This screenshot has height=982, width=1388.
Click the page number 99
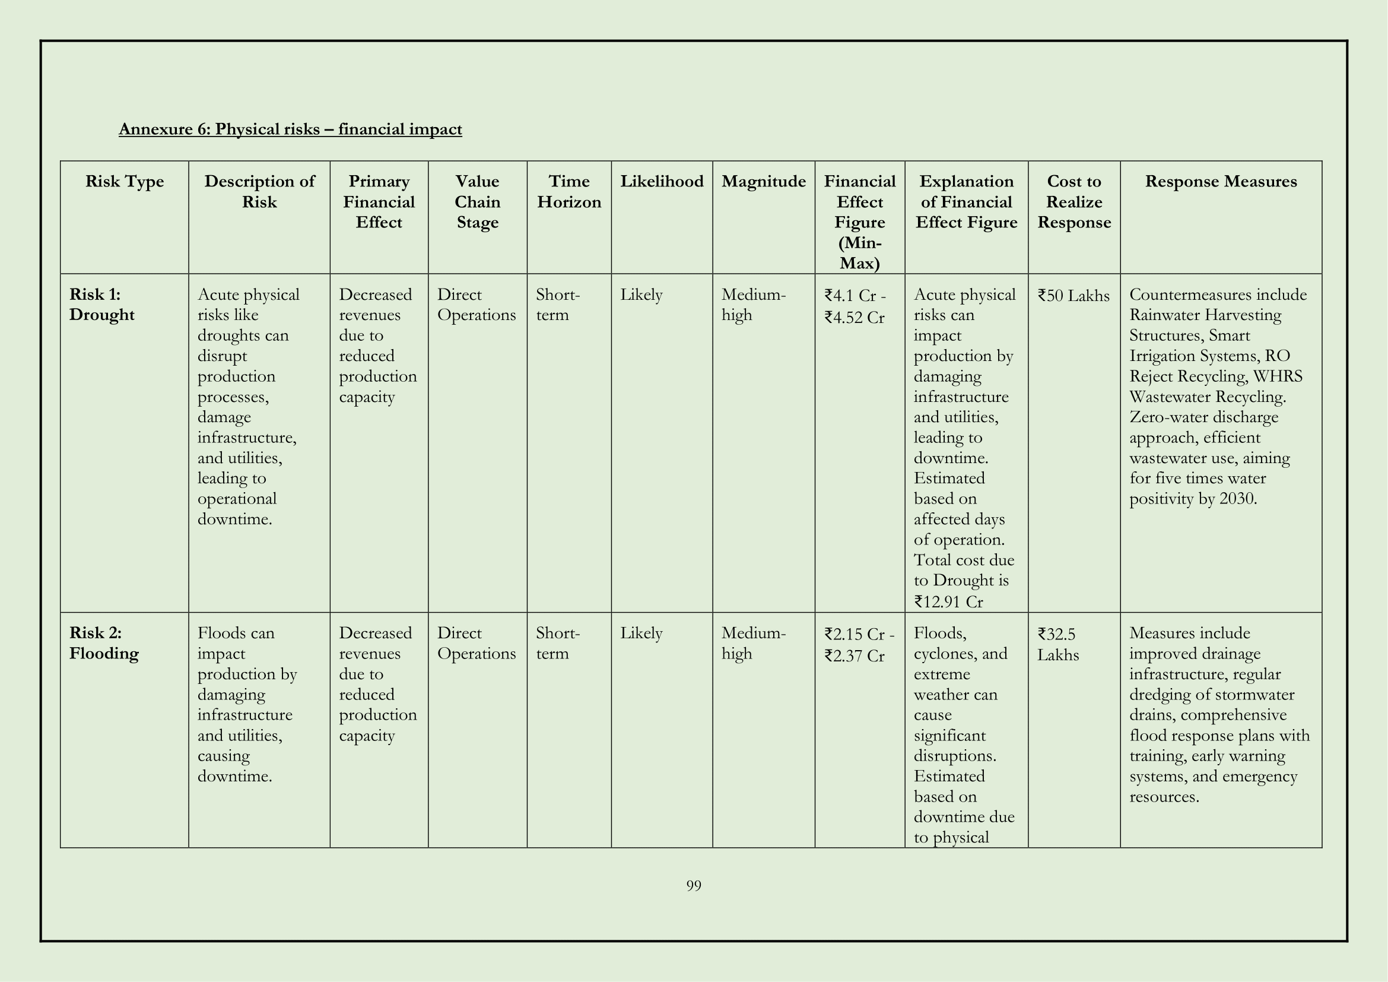(693, 886)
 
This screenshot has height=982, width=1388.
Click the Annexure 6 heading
(290, 129)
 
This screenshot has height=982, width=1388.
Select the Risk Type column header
(125, 182)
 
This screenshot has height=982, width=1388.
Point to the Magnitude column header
(763, 182)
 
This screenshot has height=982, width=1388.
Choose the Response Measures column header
(1221, 182)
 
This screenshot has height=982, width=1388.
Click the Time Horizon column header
(569, 192)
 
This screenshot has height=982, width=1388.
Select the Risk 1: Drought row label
(101, 305)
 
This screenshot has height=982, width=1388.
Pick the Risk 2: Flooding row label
(104, 644)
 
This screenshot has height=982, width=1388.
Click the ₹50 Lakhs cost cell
(1073, 296)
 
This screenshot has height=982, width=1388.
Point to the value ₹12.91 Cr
(948, 602)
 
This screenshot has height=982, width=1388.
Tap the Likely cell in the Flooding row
(641, 633)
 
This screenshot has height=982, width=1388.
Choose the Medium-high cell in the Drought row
(753, 305)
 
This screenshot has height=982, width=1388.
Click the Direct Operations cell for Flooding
(477, 644)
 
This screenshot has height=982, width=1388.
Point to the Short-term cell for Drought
(557, 305)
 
